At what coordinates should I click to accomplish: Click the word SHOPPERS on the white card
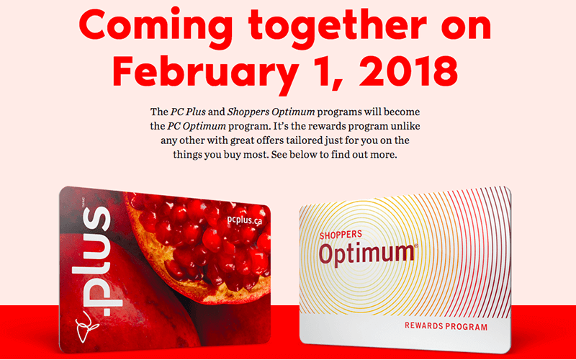tap(341, 235)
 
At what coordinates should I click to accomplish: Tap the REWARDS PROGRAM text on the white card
tap(446, 326)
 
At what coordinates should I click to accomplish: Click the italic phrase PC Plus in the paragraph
tap(188, 112)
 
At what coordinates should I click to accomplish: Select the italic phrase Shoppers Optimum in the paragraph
tap(271, 112)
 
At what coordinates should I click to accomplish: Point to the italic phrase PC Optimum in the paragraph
tap(197, 127)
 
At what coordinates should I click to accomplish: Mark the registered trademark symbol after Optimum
tap(416, 246)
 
